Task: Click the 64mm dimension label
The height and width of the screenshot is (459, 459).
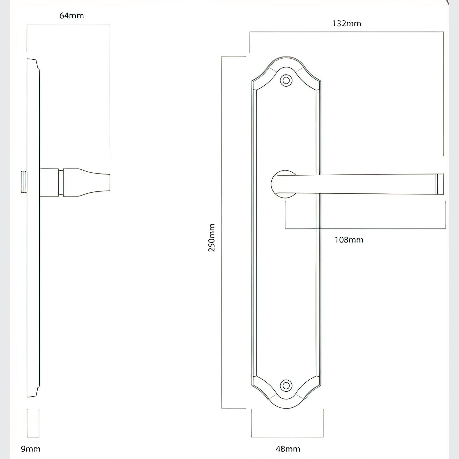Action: (x=71, y=16)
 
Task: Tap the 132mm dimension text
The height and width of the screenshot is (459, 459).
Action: (x=347, y=24)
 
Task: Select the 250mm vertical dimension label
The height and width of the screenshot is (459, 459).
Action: (x=212, y=237)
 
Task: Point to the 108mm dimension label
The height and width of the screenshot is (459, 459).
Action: (x=349, y=240)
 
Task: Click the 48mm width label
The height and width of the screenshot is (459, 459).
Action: (x=288, y=449)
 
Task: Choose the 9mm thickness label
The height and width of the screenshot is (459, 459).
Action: (x=30, y=449)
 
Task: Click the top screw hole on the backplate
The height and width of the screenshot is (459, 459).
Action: (x=286, y=81)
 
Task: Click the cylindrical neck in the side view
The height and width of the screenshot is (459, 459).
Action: (x=49, y=182)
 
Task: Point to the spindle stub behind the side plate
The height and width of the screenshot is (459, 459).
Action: (x=24, y=182)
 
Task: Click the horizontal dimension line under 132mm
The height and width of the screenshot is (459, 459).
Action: (x=347, y=32)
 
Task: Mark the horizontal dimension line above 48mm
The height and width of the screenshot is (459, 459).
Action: (x=287, y=437)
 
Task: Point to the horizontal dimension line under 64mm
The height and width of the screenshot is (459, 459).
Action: (x=68, y=24)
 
